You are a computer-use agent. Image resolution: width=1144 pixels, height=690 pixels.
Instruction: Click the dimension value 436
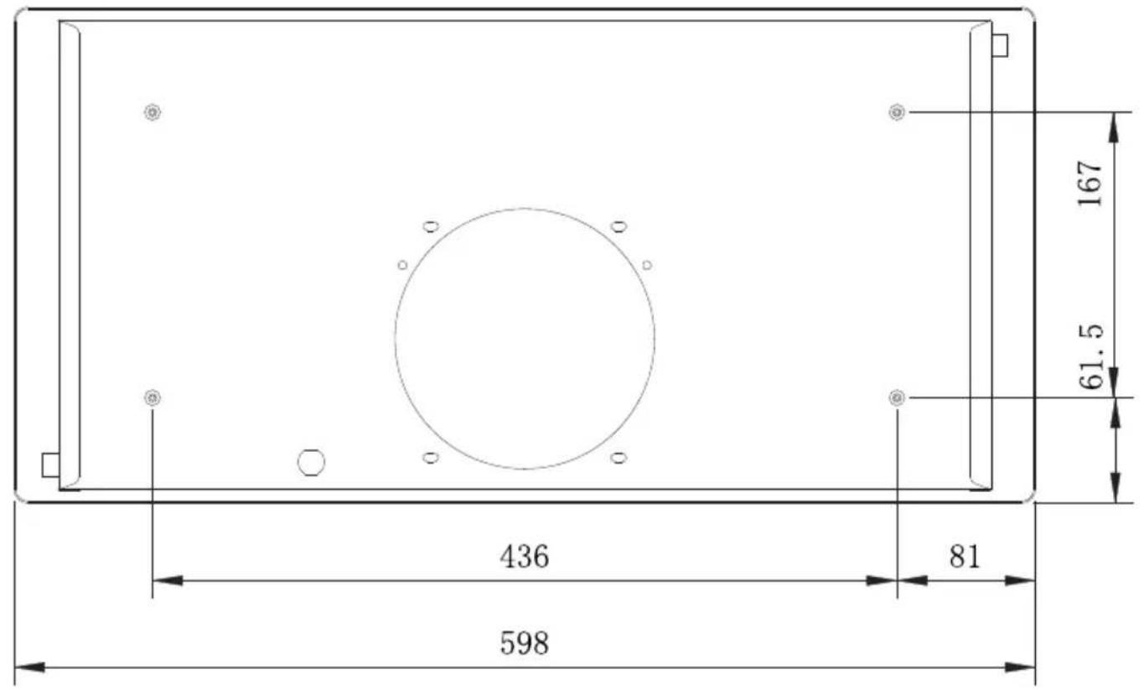(x=525, y=557)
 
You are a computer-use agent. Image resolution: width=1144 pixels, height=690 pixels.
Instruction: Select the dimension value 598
(x=525, y=644)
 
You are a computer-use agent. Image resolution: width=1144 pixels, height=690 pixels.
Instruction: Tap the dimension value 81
(x=965, y=557)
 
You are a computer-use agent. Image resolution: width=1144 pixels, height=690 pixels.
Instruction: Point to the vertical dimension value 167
(x=1090, y=184)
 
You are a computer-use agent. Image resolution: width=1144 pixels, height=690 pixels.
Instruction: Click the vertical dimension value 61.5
(x=1091, y=356)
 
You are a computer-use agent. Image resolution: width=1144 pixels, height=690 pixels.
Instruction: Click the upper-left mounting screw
(x=153, y=112)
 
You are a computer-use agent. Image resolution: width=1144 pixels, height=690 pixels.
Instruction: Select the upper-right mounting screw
(x=897, y=112)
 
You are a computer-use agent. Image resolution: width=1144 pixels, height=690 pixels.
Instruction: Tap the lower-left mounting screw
(x=153, y=397)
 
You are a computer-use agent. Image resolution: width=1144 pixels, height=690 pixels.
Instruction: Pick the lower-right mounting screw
(x=897, y=397)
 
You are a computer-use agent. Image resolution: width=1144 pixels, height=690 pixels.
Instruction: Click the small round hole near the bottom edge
(x=311, y=462)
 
